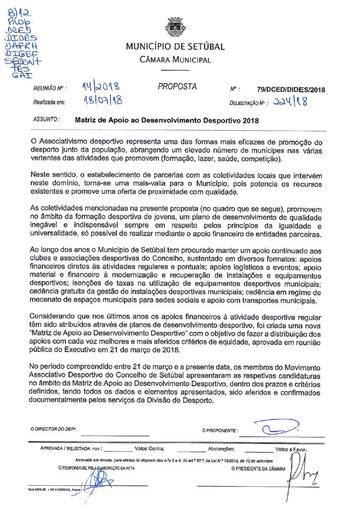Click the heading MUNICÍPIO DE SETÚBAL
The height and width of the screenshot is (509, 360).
pyautogui.click(x=175, y=47)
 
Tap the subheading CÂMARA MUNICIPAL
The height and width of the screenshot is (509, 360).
pyautogui.click(x=175, y=60)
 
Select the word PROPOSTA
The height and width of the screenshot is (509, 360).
pyautogui.click(x=177, y=86)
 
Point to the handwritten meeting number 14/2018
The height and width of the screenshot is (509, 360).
pyautogui.click(x=100, y=88)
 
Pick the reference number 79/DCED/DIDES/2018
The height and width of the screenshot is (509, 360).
pyautogui.click(x=291, y=90)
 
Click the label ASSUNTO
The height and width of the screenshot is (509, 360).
pyautogui.click(x=46, y=119)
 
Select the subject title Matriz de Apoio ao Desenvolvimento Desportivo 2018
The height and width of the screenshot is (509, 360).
pyautogui.click(x=167, y=120)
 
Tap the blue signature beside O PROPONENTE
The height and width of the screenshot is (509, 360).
pyautogui.click(x=271, y=427)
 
